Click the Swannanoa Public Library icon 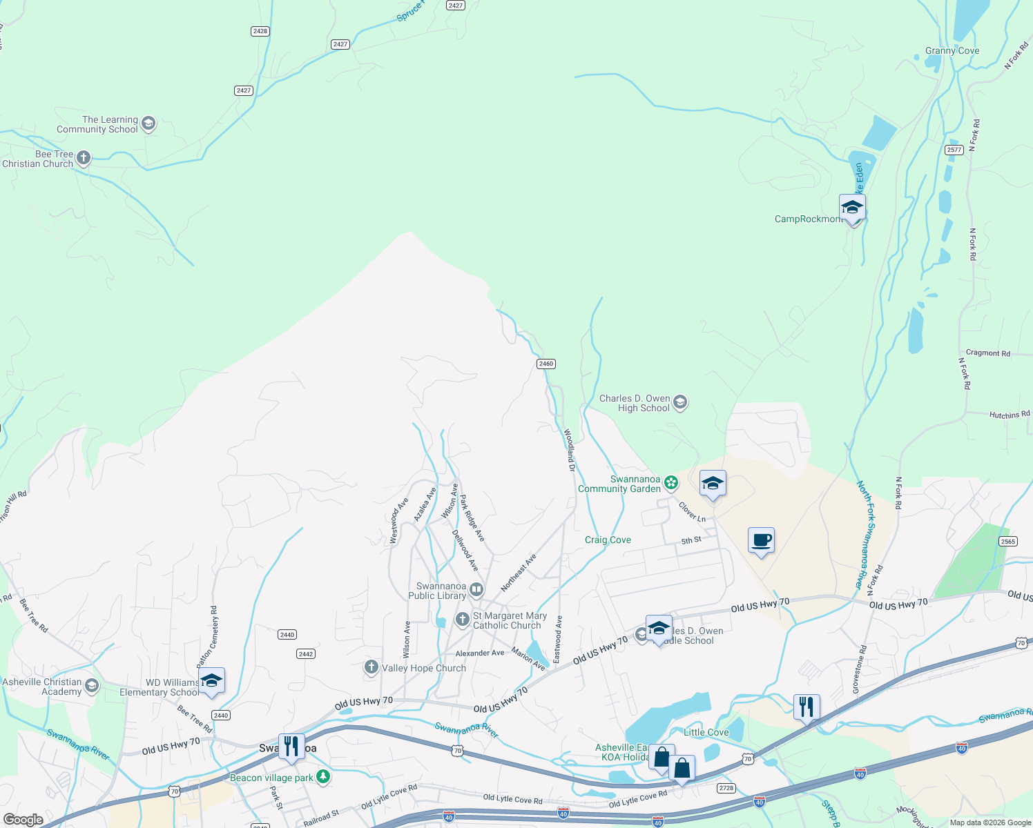(x=476, y=590)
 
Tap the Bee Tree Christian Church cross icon (x=83, y=159)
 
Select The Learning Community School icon (x=148, y=124)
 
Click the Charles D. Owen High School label (x=634, y=403)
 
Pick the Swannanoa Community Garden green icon (x=671, y=483)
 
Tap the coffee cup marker (x=761, y=541)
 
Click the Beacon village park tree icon (x=322, y=777)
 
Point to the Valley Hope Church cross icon (x=371, y=667)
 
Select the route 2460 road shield (x=546, y=364)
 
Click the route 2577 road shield (x=954, y=150)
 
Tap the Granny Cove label (x=952, y=51)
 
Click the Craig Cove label (x=608, y=540)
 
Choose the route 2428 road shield (x=260, y=31)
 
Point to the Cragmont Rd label (x=987, y=353)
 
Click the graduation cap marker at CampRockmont (x=852, y=208)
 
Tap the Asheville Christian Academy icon (x=92, y=686)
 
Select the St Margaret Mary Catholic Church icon (x=462, y=619)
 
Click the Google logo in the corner (x=23, y=819)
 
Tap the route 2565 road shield (x=1008, y=542)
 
